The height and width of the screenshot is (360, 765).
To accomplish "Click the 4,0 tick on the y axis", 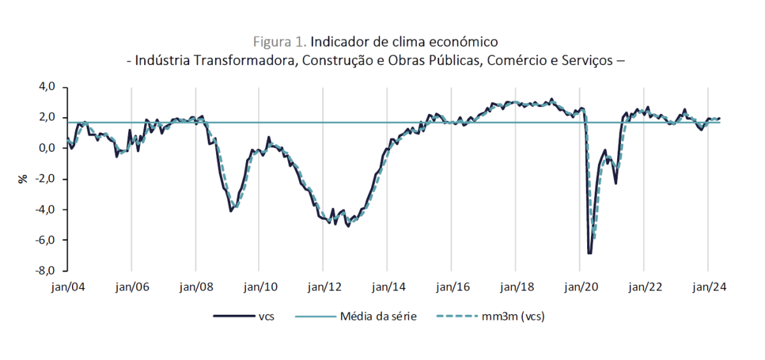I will pos(48,87).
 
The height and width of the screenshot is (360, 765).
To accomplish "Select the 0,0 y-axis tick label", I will pos(48,148).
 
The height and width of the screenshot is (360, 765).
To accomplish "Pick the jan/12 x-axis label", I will pos(323,287).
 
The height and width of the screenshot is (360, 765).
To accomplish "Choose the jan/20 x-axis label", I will pos(579,287).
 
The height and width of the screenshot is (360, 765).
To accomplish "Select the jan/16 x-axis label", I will pos(451,287).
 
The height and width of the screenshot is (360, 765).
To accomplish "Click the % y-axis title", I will pos(23,179).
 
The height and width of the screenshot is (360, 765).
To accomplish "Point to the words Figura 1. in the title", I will pos(280,42).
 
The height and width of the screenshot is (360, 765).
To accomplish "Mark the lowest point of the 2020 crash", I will pos(590,253).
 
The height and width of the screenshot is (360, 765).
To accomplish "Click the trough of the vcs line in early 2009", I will pos(231,211).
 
